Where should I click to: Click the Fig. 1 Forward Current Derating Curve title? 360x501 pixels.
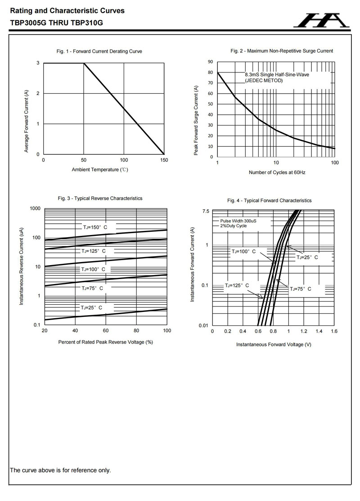coord(99,51)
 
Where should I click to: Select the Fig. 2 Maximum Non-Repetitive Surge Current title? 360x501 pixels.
coord(282,51)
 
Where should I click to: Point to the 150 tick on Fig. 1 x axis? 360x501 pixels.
coord(164,160)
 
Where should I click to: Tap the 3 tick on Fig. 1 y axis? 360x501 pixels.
coord(38,63)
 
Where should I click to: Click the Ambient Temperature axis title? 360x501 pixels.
coord(103,170)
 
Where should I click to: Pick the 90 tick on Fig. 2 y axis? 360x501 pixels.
coord(210,62)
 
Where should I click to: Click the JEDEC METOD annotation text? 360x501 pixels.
coord(264,81)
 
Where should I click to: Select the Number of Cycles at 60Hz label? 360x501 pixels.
coord(277,173)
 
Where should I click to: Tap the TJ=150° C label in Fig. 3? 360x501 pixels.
coord(94,227)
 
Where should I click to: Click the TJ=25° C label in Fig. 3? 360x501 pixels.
coord(91,307)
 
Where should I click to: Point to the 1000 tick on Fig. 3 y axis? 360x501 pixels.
coord(35,208)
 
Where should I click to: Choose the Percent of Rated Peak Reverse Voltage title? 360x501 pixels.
coord(106,342)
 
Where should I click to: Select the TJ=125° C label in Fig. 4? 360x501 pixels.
coord(237,285)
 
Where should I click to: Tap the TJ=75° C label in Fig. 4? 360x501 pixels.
coord(300,289)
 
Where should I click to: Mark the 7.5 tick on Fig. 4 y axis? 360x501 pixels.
coord(206,211)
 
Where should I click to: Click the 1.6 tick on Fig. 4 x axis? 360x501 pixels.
coord(334,331)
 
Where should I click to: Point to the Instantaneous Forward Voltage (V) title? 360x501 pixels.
coord(274,345)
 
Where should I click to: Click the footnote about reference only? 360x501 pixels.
coord(60,470)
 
